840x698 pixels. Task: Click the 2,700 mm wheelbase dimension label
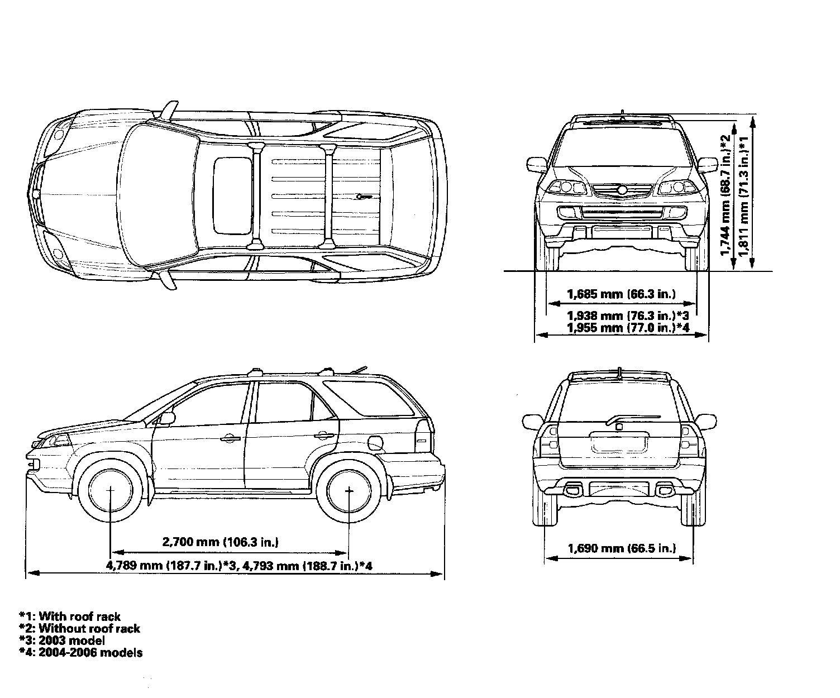tap(220, 542)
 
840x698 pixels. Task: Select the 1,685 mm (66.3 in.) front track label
tap(621, 294)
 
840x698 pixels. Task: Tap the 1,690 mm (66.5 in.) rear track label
tap(621, 548)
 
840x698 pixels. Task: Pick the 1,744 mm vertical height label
tap(725, 195)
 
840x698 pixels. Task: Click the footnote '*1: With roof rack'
tap(70, 616)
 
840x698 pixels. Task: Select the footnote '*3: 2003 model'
tap(61, 640)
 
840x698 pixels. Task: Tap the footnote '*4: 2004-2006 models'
tap(80, 652)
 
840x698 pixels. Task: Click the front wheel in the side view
tap(110, 490)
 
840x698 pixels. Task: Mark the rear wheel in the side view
tap(349, 490)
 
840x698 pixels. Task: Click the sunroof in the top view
tap(232, 195)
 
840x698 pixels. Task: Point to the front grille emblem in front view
tap(622, 190)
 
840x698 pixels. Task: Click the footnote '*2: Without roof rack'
tap(79, 629)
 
